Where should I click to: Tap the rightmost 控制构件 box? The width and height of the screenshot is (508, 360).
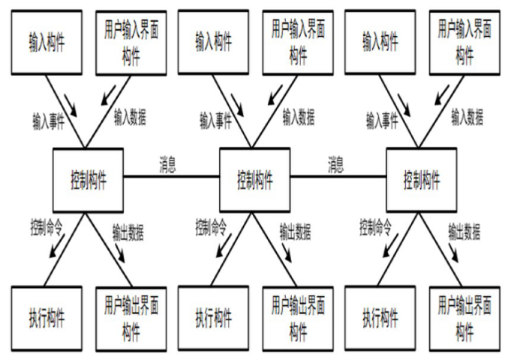pos(422,179)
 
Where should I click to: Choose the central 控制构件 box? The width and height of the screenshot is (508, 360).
pos(254,179)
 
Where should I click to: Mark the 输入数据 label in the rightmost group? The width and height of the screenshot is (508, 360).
pos(467,117)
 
